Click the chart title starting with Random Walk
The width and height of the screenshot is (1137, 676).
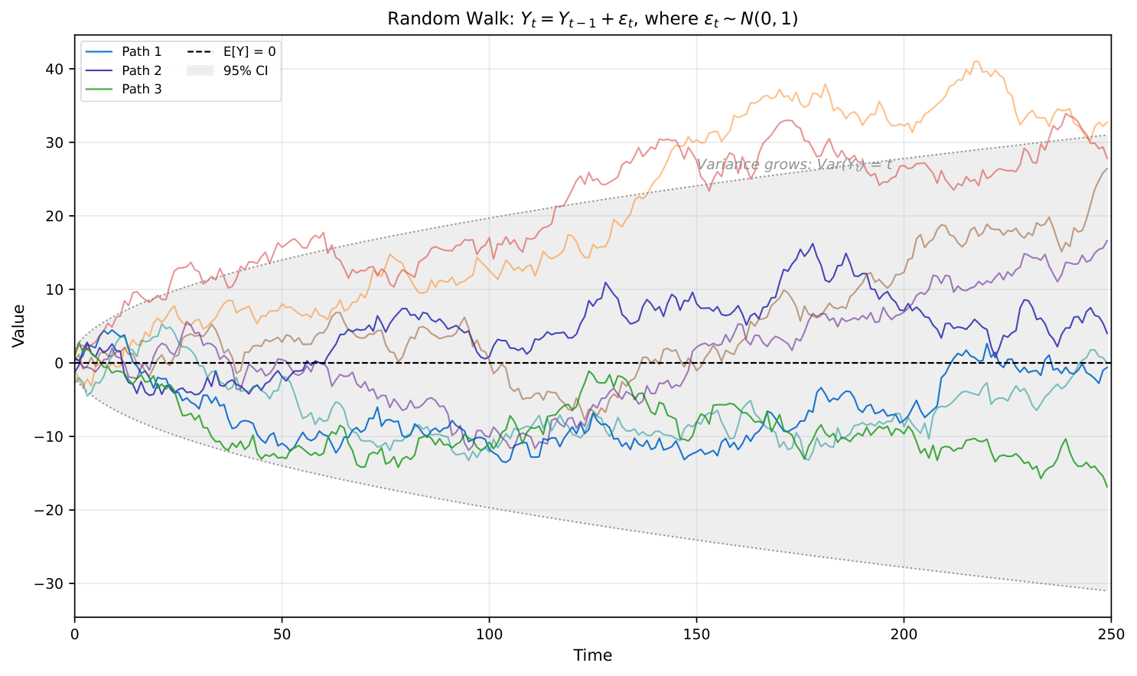[592, 18]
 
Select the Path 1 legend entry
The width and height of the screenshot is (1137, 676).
[142, 52]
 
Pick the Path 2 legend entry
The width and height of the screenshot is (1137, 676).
[142, 70]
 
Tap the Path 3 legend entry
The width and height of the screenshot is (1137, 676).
[142, 89]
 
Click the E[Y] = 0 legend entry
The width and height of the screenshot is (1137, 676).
[249, 52]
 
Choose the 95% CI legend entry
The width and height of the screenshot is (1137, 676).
[246, 70]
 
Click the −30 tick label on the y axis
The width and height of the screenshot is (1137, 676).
[51, 583]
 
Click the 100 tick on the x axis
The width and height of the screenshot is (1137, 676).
[489, 634]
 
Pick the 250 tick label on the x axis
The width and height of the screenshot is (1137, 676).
[1110, 634]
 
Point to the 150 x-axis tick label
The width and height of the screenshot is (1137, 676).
[696, 634]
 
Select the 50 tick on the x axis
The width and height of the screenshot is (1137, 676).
[282, 634]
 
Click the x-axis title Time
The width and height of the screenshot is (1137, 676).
[592, 655]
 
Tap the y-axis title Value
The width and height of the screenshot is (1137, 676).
[19, 325]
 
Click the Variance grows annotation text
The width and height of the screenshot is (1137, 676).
[793, 165]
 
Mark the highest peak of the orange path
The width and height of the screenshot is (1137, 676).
[976, 61]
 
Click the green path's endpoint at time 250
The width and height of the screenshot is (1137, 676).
[1106, 487]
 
